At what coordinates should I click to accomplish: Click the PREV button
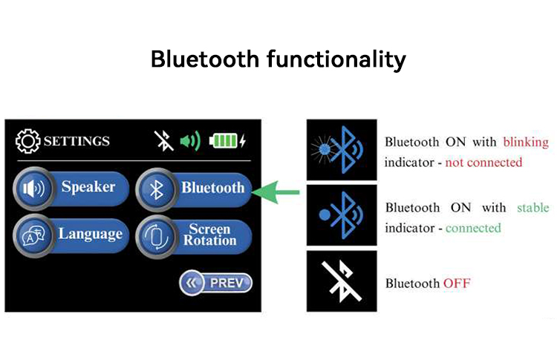215,283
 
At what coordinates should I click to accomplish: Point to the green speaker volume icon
189,140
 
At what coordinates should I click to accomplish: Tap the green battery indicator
226,140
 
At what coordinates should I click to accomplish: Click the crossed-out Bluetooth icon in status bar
163,140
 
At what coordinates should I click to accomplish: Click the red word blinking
525,142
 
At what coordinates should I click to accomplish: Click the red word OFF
457,284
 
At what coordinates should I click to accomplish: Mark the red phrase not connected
483,162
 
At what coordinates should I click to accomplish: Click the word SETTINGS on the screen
76,141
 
